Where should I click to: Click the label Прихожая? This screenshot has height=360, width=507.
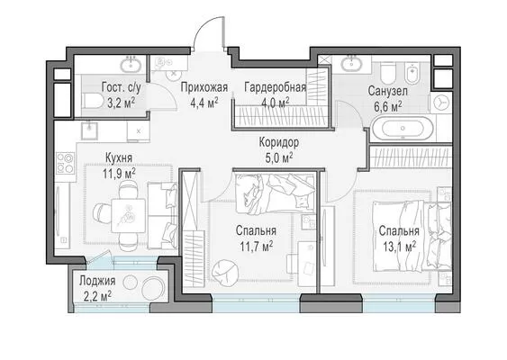click(204, 87)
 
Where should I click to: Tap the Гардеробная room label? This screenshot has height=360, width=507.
click(276, 87)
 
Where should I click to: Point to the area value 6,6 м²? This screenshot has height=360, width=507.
click(388, 106)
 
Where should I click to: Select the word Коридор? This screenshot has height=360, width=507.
click(279, 142)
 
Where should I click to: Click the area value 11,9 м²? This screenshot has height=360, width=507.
click(119, 174)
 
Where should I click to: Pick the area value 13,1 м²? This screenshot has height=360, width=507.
click(399, 247)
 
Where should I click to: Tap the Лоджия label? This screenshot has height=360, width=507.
click(97, 281)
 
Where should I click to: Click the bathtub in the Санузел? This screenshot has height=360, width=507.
click(403, 128)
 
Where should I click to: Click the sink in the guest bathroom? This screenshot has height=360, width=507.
click(131, 65)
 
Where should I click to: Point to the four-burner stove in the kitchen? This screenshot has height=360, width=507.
click(65, 163)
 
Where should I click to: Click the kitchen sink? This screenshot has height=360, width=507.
click(89, 130)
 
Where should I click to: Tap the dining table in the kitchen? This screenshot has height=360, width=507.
click(129, 215)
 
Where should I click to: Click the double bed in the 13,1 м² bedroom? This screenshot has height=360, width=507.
click(412, 236)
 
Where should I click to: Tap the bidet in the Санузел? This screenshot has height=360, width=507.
click(412, 73)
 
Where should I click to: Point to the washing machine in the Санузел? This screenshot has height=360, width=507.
click(441, 103)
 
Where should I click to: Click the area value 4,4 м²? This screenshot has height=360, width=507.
click(204, 103)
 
